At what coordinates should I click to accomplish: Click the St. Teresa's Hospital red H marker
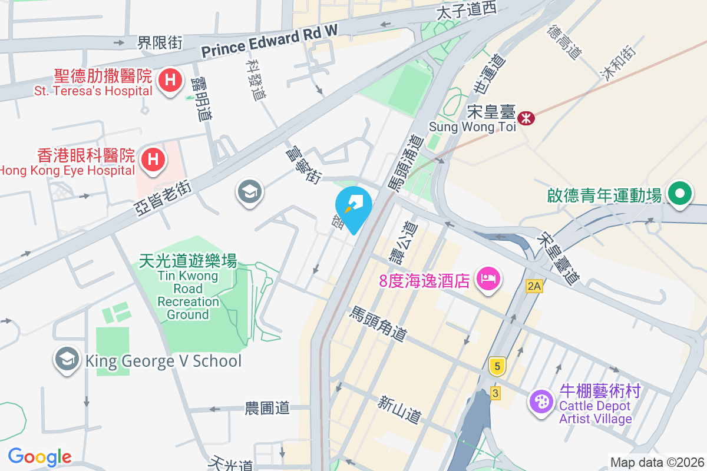click(x=170, y=79)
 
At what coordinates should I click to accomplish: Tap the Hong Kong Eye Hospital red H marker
click(x=153, y=159)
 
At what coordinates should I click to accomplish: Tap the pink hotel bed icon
click(x=488, y=277)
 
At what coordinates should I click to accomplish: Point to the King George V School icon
click(x=67, y=360)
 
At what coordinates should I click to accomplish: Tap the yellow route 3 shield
click(x=495, y=393)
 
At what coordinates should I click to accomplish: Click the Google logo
click(x=40, y=457)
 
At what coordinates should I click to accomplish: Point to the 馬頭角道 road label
click(x=379, y=324)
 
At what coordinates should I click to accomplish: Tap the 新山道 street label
click(x=400, y=410)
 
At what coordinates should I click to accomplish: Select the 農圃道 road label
click(x=267, y=407)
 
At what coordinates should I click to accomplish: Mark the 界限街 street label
click(x=160, y=42)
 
